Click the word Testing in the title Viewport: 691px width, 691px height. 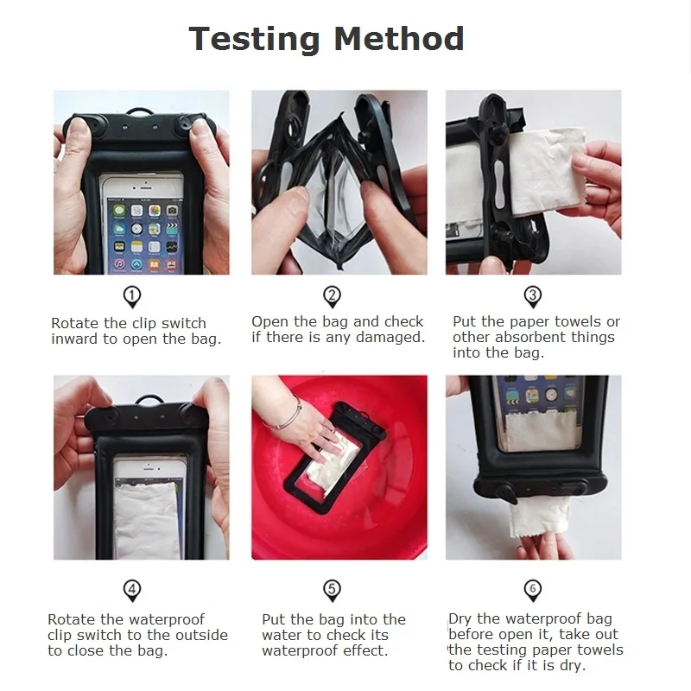coord(254,39)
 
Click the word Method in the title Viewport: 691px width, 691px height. coord(399,39)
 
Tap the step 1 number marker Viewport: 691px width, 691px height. coord(132,296)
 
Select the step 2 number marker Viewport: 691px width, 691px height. coord(333,296)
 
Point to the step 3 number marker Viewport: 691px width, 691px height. coord(532,296)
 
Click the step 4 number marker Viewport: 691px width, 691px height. coord(132,590)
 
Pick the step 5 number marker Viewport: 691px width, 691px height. coord(333,590)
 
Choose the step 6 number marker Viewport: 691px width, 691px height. coord(532,590)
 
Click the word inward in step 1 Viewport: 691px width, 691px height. coord(75,339)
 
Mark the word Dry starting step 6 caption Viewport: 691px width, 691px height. coord(460,619)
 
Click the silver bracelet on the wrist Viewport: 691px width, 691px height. coord(288,415)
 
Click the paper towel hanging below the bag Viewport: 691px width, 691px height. coord(539,517)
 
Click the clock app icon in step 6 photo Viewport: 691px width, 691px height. coord(551,394)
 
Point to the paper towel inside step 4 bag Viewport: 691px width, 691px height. coord(146,520)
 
